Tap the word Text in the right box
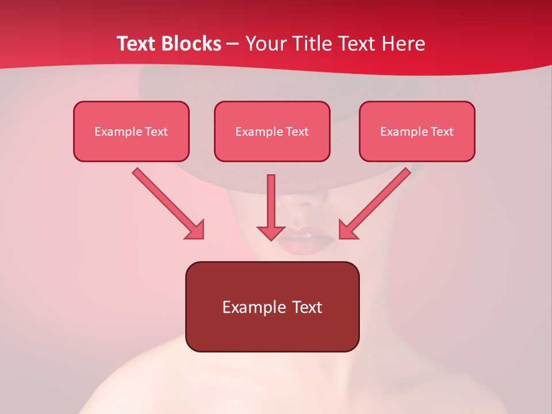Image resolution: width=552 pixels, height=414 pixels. click(442, 132)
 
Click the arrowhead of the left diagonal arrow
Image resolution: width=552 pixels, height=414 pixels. click(195, 230)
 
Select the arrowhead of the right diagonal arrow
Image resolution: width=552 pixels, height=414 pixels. click(347, 230)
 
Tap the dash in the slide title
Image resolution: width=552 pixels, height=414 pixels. click(233, 44)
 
